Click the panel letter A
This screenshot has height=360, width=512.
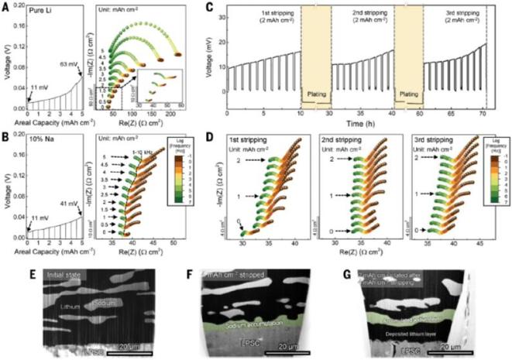point(5,6)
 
